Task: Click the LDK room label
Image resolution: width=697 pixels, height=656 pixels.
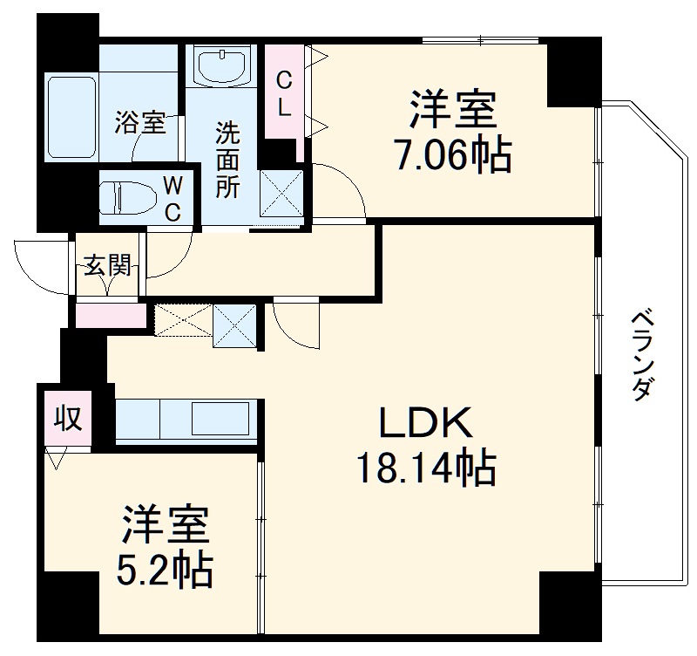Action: pos(425,424)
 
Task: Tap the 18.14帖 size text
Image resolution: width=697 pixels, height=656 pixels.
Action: pos(424,469)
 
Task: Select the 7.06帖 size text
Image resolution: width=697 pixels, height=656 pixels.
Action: pos(452,157)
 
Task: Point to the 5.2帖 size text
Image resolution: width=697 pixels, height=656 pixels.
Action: pos(165,571)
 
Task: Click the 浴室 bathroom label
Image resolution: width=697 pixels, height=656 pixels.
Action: pos(139,123)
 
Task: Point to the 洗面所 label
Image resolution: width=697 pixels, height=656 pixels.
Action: pos(227,162)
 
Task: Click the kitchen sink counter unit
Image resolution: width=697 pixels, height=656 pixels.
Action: pos(186,420)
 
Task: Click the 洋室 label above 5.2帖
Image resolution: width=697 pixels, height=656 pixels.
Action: pos(165,525)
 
